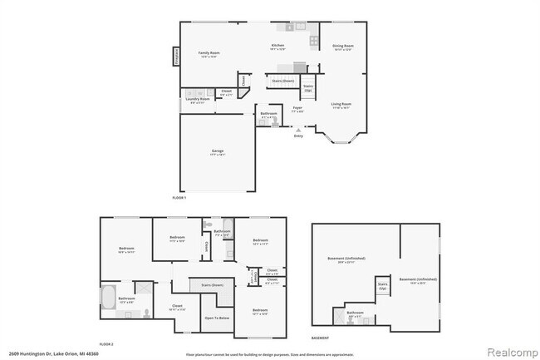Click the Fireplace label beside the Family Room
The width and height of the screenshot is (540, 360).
176,57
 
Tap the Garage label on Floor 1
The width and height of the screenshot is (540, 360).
217,151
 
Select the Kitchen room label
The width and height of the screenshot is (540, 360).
278,47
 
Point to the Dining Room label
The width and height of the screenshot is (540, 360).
343,47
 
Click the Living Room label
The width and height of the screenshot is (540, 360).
342,105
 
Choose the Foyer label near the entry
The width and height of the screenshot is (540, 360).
297,108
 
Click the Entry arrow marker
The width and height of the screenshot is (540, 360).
298,131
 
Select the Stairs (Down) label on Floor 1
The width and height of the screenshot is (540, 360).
282,81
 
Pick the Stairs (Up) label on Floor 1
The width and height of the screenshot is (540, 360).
308,86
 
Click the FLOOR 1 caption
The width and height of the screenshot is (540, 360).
179,198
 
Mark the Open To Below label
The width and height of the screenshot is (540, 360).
216,318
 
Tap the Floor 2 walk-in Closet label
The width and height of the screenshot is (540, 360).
177,307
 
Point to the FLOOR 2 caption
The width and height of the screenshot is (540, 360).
106,343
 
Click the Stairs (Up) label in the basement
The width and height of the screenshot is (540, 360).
383,286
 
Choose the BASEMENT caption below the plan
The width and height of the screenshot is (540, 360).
321,338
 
